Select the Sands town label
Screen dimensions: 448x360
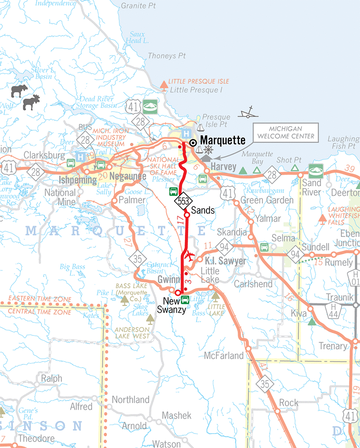point(203,211)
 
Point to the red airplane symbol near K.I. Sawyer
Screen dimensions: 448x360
point(190,256)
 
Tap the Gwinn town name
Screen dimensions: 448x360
point(166,279)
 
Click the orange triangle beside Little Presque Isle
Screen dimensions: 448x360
point(164,85)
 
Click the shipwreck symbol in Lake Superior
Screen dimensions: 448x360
point(248,112)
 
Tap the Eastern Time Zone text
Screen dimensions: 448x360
point(40,299)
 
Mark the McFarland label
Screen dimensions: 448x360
point(224,356)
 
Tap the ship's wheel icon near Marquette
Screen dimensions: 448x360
point(209,150)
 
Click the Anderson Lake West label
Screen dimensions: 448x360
point(133,333)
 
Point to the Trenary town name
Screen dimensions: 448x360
point(333,346)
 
